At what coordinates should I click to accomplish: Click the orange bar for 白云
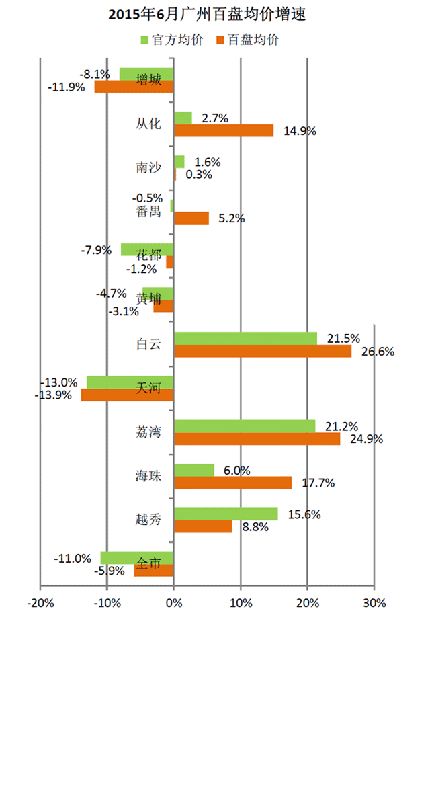click(262, 351)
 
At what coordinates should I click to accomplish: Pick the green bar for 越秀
click(226, 514)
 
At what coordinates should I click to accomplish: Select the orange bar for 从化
click(224, 130)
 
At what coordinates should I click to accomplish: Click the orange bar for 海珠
click(232, 483)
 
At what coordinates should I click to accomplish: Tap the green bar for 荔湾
click(245, 426)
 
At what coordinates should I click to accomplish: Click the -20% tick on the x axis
click(40, 603)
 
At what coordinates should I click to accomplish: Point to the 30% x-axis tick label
click(374, 603)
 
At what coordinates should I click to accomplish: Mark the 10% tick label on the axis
click(241, 603)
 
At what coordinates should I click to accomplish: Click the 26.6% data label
click(378, 351)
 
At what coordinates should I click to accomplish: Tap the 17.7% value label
click(318, 483)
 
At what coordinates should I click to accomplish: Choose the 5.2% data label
click(231, 218)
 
